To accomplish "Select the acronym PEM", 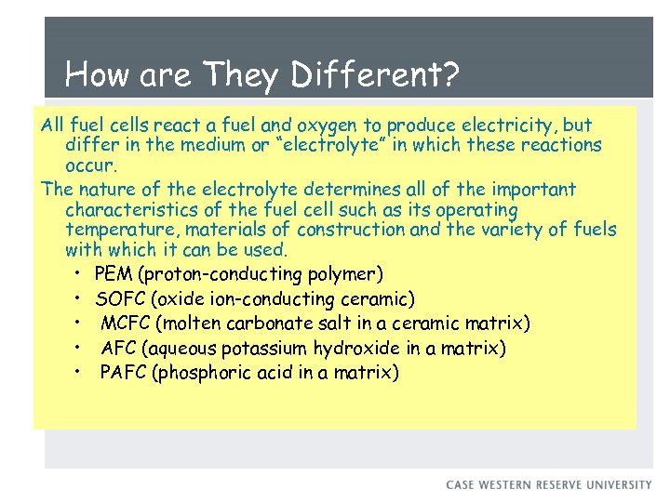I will click(x=114, y=274).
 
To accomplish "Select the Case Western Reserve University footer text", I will click(x=549, y=484).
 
